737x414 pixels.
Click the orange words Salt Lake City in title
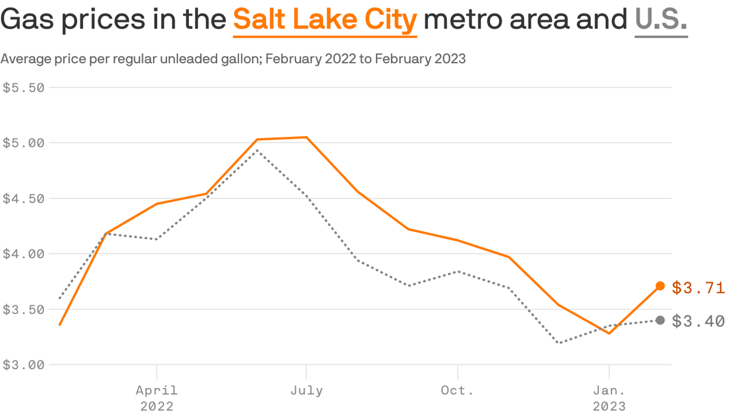tap(325, 20)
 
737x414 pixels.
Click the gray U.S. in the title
tap(661, 20)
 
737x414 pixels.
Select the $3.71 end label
tap(698, 288)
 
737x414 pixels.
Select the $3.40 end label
tap(698, 322)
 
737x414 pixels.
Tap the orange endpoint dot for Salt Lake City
tap(660, 286)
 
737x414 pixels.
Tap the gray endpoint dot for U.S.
tap(660, 320)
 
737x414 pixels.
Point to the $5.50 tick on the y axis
tap(23, 88)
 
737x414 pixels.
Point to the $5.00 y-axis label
tap(23, 143)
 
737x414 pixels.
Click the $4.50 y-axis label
tap(23, 199)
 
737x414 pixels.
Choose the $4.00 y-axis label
tap(23, 254)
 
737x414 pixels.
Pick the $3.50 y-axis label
tap(23, 310)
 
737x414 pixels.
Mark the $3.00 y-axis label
tap(23, 365)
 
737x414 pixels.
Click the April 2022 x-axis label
tap(156, 397)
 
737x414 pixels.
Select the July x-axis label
tap(306, 390)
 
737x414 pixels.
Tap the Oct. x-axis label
tap(458, 390)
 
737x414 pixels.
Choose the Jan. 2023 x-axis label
tap(609, 397)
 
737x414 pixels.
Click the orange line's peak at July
tap(306, 137)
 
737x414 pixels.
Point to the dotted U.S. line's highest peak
tap(257, 150)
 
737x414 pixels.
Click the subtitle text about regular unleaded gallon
tap(233, 59)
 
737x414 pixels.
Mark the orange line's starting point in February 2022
tap(60, 325)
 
